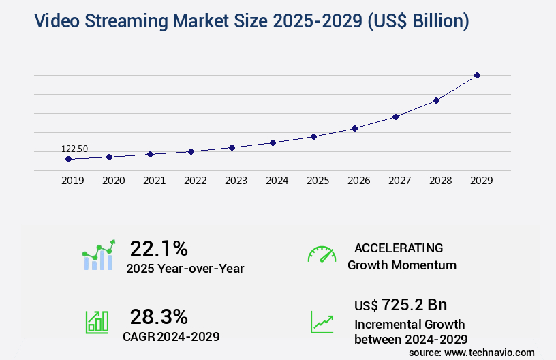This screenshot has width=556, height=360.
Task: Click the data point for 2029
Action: click(x=477, y=75)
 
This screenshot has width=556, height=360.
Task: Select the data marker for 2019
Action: click(x=68, y=159)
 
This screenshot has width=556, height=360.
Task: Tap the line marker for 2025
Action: click(x=313, y=136)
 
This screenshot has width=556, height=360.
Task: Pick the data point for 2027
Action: click(x=395, y=117)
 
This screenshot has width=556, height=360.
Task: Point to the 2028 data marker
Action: click(x=436, y=100)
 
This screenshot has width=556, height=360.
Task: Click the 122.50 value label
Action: click(x=74, y=149)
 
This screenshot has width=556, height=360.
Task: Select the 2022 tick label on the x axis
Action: click(x=195, y=181)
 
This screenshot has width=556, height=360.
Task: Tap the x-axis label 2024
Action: click(x=277, y=181)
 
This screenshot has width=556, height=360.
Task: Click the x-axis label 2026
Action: click(x=358, y=181)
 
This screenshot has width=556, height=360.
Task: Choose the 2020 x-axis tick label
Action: click(x=113, y=181)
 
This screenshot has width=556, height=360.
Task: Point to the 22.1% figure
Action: click(x=159, y=248)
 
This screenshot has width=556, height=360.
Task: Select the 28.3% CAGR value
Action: click(x=159, y=316)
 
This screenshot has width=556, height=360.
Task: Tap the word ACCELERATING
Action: click(x=399, y=247)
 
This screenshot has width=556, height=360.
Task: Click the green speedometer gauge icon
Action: click(x=322, y=254)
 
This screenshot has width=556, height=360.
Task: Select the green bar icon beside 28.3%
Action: click(x=97, y=322)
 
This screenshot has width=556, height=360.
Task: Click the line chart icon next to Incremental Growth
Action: click(x=322, y=322)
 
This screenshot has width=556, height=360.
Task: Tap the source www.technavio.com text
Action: click(x=472, y=352)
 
